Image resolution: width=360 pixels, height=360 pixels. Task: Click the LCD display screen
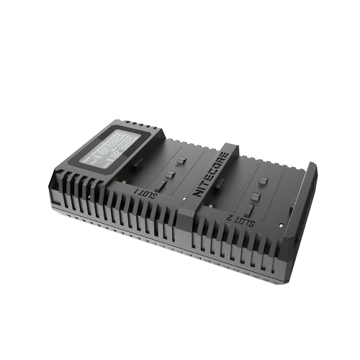[114, 145]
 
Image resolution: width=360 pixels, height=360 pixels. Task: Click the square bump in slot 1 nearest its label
[171, 174]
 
